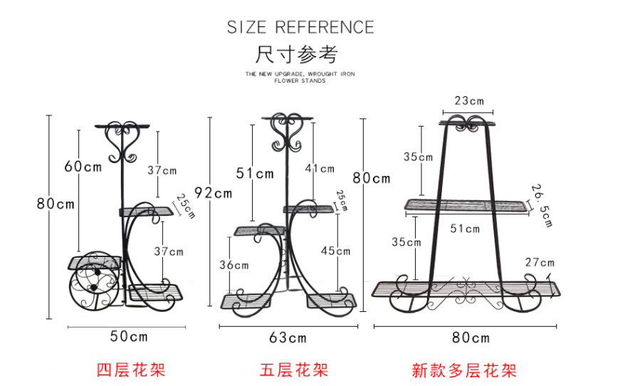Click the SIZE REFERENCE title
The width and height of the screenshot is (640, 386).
(300, 28)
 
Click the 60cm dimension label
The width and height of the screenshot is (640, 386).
(83, 167)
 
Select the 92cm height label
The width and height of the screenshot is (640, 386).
(212, 193)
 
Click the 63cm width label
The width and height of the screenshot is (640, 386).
(288, 337)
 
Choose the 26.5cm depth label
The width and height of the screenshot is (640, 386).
(542, 204)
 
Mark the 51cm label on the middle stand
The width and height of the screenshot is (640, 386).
(255, 173)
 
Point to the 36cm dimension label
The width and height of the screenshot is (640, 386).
(234, 265)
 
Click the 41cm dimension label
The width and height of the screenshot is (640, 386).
(320, 169)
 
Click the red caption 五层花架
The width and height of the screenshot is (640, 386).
(293, 370)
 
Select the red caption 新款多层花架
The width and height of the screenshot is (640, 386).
(464, 370)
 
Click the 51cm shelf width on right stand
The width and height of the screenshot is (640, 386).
(466, 229)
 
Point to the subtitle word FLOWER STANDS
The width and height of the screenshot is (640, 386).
(300, 81)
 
